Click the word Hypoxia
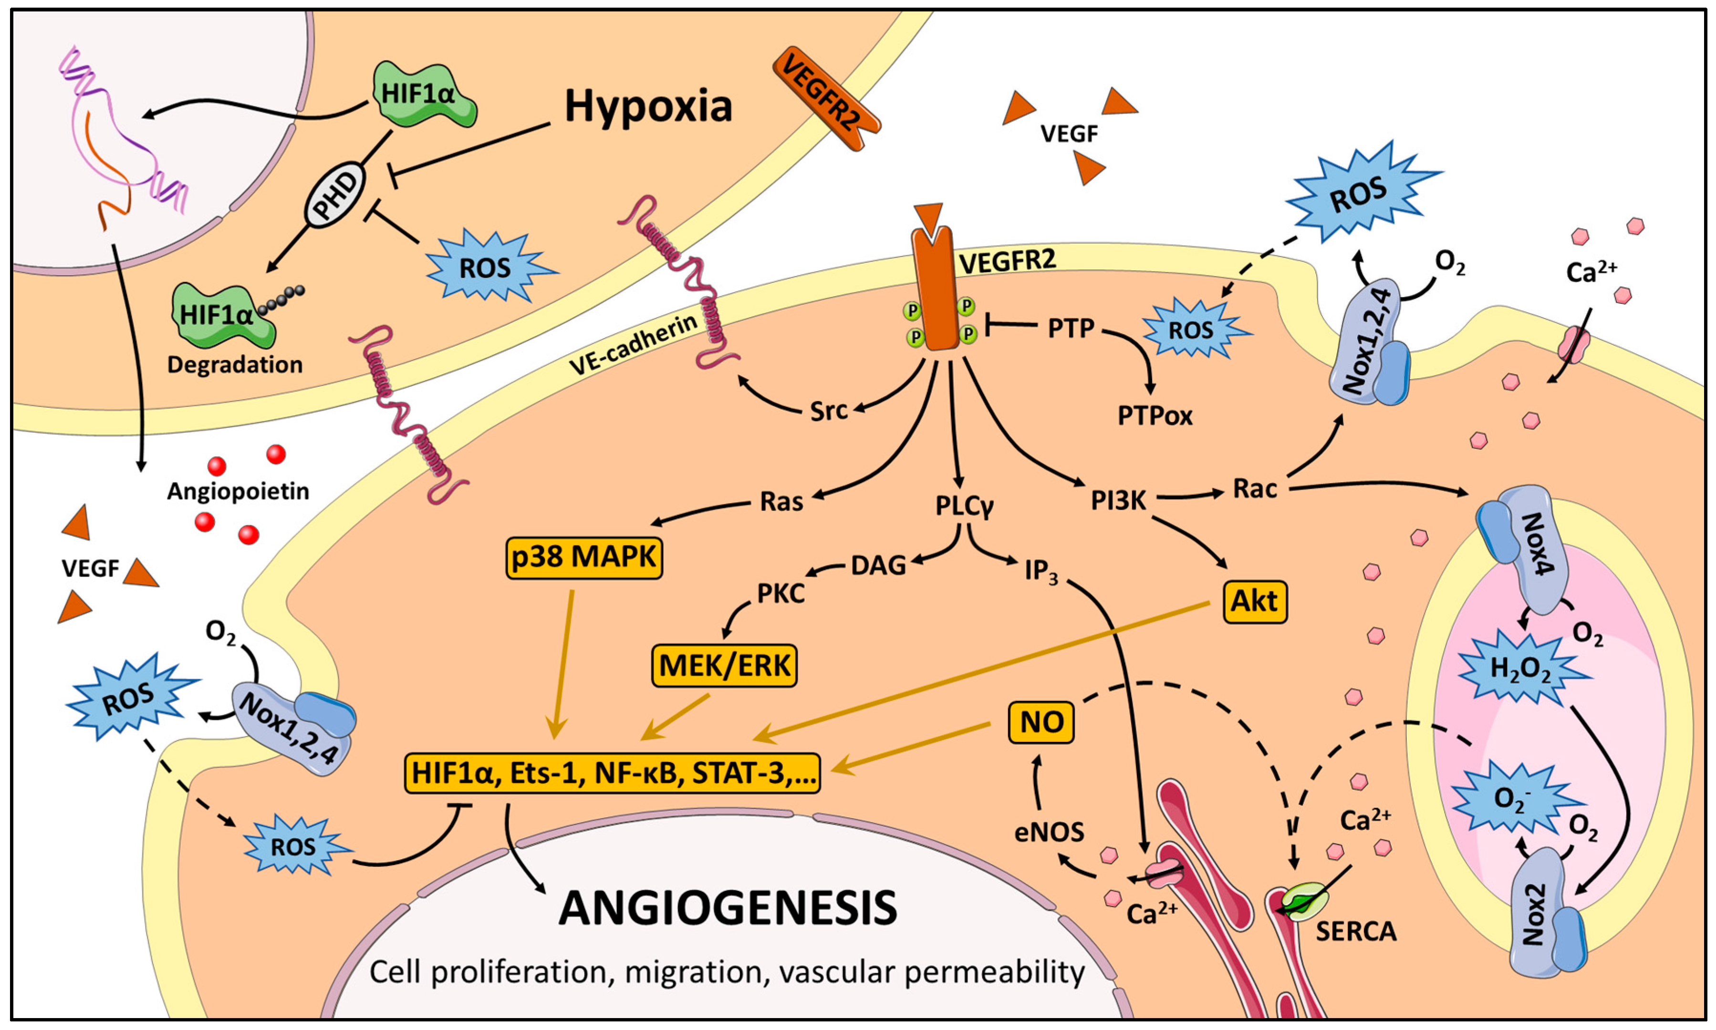coord(648,106)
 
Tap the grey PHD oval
coord(335,195)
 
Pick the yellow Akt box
coord(1254,601)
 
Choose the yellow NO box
coord(1041,722)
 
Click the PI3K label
coord(1118,500)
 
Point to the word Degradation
coord(235,364)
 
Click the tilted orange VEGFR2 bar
coord(826,97)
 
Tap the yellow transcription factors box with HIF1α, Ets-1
coord(612,773)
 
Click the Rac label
coord(1254,489)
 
